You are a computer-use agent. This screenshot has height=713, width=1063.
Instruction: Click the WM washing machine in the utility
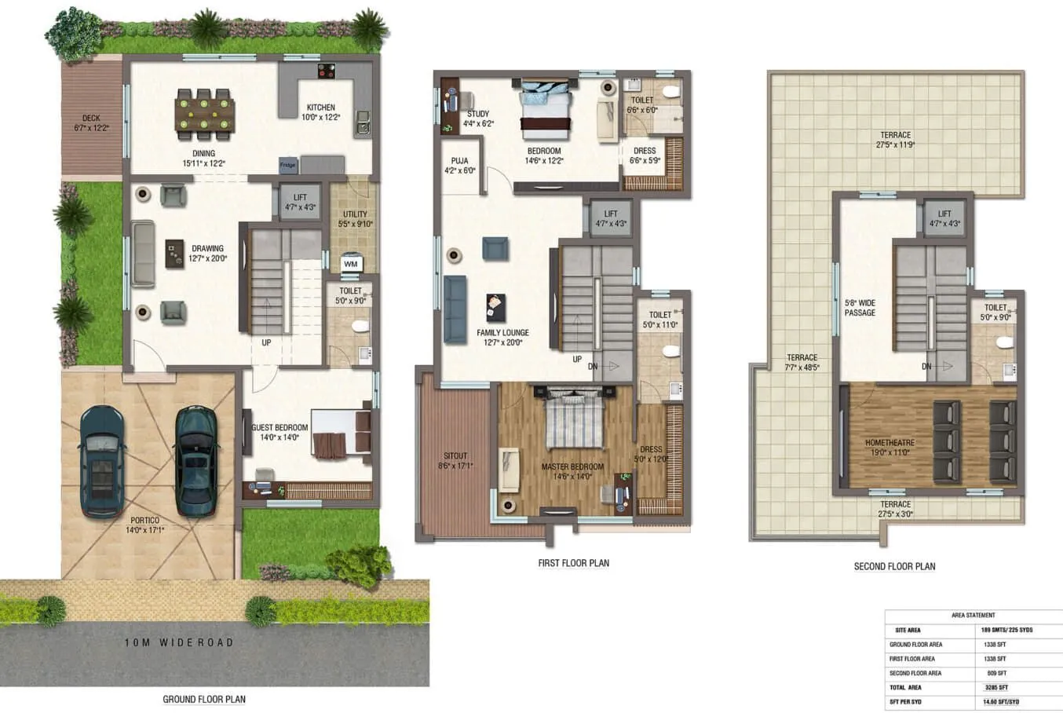pyautogui.click(x=351, y=264)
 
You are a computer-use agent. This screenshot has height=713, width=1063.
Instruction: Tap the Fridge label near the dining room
pyautogui.click(x=288, y=165)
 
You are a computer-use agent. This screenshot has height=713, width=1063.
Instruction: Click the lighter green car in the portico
pyautogui.click(x=195, y=462)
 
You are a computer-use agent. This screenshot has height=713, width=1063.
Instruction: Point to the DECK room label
pyautogui.click(x=91, y=119)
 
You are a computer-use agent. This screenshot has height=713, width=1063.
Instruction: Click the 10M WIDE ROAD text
pyautogui.click(x=179, y=642)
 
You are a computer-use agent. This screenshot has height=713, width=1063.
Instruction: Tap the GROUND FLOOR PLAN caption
pyautogui.click(x=204, y=699)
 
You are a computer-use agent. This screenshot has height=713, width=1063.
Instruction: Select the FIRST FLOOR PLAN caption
pyautogui.click(x=573, y=563)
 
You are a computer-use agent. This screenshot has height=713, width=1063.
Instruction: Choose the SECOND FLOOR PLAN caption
pyautogui.click(x=894, y=566)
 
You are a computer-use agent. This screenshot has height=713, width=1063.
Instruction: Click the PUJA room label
pyautogui.click(x=459, y=161)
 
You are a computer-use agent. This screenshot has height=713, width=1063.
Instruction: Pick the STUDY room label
pyautogui.click(x=478, y=114)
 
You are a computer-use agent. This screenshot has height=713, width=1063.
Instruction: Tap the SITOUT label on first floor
pyautogui.click(x=455, y=455)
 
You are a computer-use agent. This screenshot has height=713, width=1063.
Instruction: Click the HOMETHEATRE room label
pyautogui.click(x=889, y=443)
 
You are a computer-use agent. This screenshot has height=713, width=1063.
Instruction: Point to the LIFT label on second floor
pyautogui.click(x=944, y=214)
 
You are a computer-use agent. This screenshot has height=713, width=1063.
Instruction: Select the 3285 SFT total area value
pyautogui.click(x=996, y=687)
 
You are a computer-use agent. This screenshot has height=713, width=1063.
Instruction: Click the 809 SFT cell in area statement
pyautogui.click(x=996, y=673)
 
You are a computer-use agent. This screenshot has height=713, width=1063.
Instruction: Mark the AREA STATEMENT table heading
pyautogui.click(x=973, y=616)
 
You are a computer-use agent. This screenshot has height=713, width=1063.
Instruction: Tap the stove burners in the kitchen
pyautogui.click(x=327, y=71)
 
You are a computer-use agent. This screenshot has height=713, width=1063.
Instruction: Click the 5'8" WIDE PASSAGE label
pyautogui.click(x=860, y=308)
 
